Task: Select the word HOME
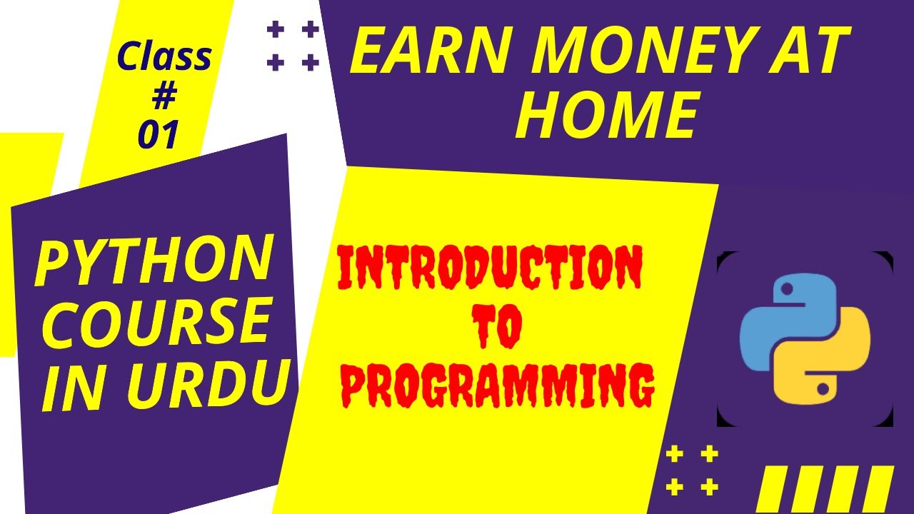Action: point(606,116)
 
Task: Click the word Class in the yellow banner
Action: point(164,57)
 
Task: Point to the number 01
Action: point(159,135)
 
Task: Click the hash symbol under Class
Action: point(164,97)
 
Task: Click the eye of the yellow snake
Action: point(823,389)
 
